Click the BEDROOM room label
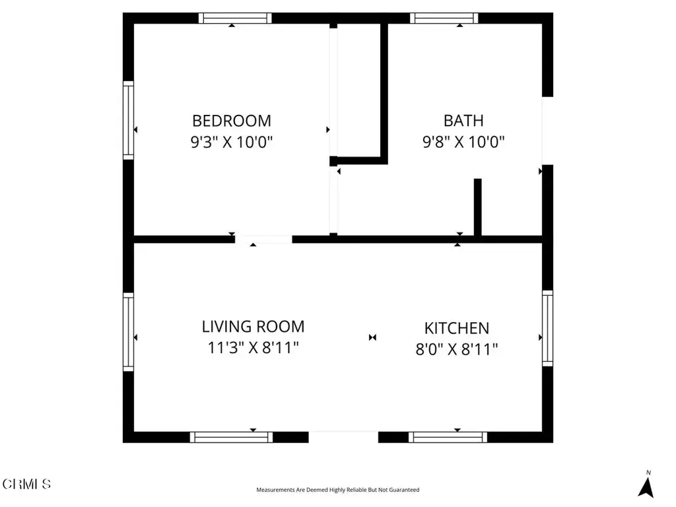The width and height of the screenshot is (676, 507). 232,121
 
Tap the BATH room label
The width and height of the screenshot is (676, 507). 463,121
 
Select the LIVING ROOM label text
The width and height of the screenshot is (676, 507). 253,326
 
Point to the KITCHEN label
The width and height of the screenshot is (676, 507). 457,328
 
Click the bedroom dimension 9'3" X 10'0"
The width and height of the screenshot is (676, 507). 232,141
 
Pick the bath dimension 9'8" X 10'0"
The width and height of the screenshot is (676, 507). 463,141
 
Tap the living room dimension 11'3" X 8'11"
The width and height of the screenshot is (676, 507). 253,347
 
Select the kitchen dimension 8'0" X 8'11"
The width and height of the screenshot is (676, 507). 457,349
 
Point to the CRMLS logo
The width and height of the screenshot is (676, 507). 26,484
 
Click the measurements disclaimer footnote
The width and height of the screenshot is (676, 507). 337,490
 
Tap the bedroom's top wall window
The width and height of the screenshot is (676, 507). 235,18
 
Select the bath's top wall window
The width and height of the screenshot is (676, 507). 444,18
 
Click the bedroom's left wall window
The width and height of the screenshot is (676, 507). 129,120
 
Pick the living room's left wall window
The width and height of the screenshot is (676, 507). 129,332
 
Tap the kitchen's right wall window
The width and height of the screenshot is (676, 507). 547,329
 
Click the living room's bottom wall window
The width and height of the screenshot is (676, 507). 232,437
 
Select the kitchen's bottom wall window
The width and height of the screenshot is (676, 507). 448,437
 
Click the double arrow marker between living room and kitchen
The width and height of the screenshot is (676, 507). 372,337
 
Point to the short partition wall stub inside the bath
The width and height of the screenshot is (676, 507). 478,207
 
